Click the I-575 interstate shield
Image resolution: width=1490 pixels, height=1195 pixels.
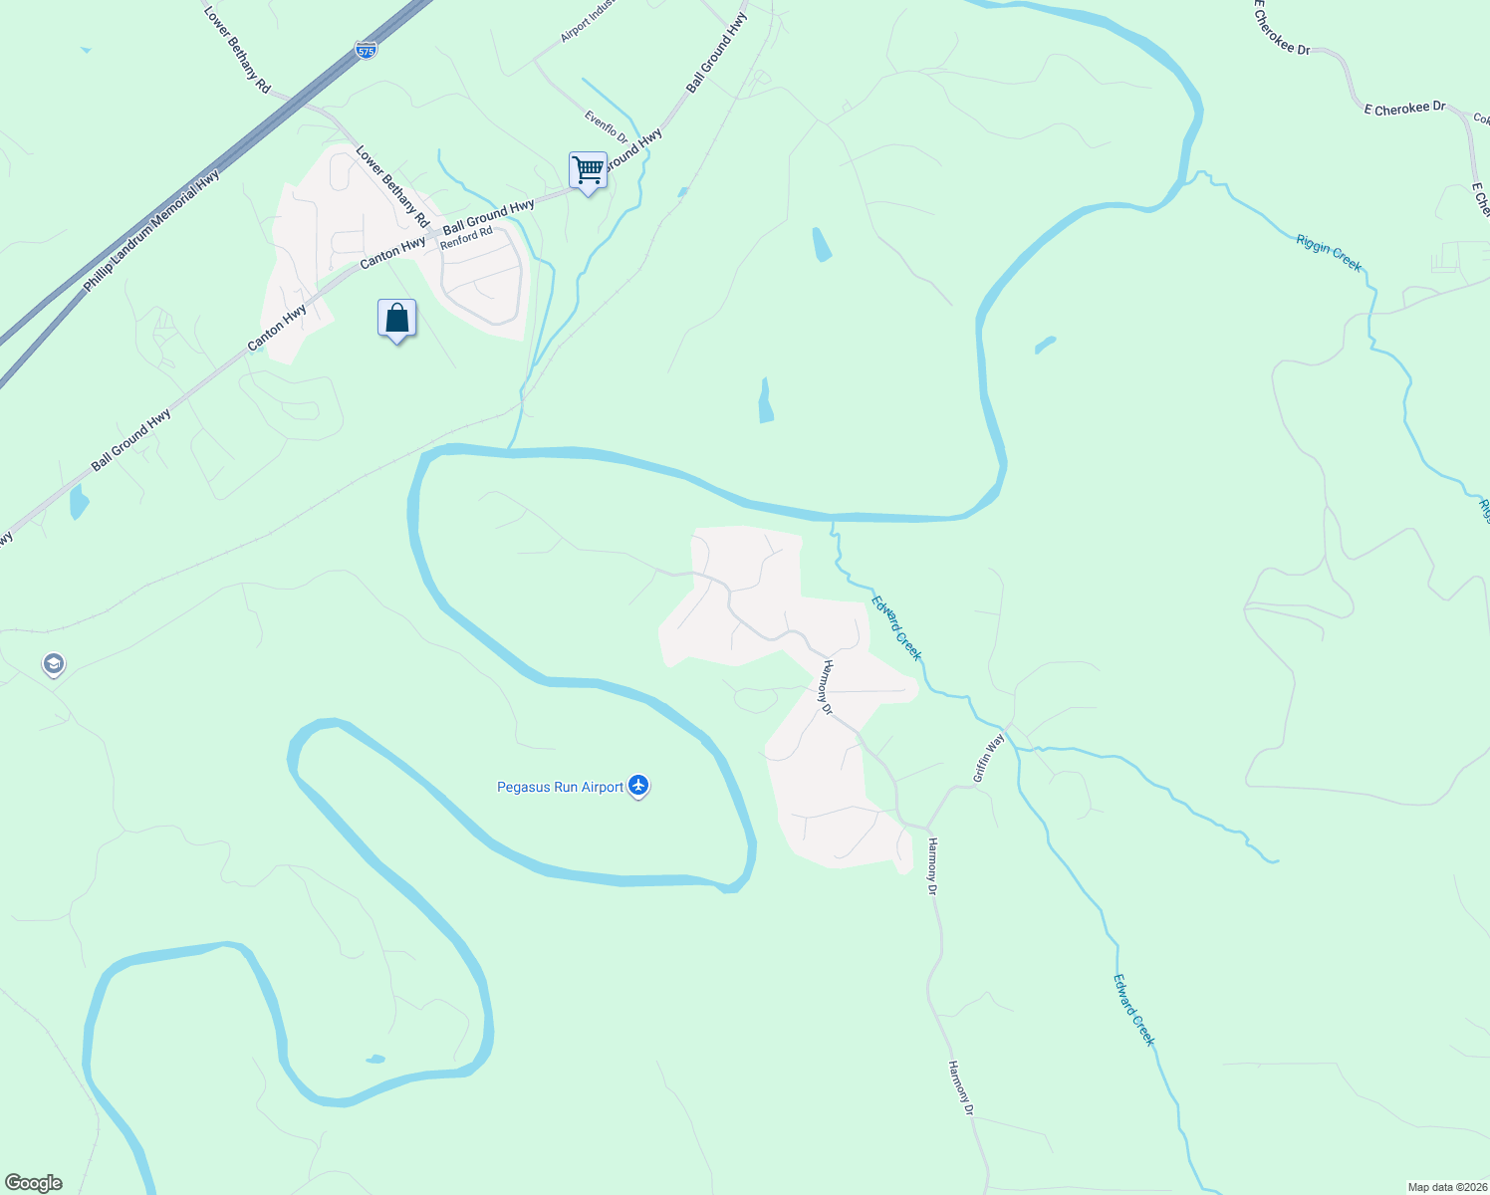point(366,50)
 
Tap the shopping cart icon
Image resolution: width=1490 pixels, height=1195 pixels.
point(588,170)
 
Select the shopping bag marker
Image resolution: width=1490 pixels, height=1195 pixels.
point(396,319)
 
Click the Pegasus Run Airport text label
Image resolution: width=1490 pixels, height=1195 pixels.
point(560,788)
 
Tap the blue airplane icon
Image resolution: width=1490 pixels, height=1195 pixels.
point(638,787)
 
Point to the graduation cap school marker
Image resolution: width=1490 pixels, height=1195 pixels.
point(54,664)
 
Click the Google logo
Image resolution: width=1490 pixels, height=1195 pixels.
point(33,1183)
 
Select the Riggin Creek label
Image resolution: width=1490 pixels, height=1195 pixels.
point(1329,252)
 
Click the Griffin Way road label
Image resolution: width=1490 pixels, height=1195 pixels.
point(989,758)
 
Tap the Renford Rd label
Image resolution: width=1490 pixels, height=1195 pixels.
point(466,238)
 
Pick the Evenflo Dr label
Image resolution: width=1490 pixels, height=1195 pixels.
point(606,127)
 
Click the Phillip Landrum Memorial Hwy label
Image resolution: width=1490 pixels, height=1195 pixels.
point(151,232)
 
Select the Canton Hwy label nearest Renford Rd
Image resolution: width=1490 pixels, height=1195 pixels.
point(392,252)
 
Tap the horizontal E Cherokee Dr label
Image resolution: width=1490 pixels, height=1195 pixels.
point(1404,108)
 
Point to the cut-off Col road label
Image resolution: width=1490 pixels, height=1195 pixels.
point(1481,119)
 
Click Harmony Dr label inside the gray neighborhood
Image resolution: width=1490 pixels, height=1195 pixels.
point(825,687)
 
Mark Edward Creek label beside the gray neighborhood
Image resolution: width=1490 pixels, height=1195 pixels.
point(897,628)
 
